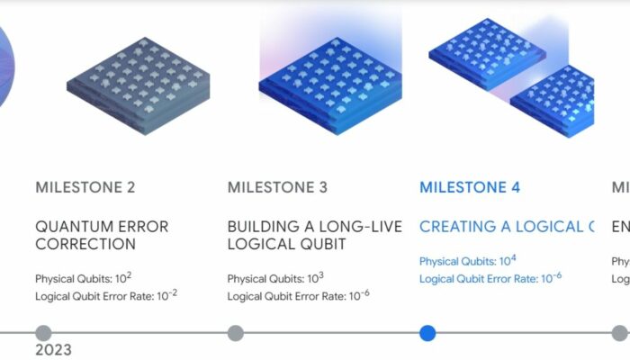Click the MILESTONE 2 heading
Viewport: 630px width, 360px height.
click(85, 188)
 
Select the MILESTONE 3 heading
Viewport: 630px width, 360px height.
click(277, 188)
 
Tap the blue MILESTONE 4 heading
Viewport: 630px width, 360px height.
click(470, 188)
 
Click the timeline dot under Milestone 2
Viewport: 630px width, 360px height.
click(43, 333)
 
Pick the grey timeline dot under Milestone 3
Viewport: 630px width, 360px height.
click(235, 333)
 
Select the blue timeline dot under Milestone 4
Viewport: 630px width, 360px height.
click(427, 333)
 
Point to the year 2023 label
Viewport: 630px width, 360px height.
click(53, 350)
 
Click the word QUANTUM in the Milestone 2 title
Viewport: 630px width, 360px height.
click(71, 227)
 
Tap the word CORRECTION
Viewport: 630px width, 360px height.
click(85, 244)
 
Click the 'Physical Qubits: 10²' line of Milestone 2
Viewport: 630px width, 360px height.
click(84, 278)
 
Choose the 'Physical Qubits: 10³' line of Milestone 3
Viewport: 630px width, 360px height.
click(275, 278)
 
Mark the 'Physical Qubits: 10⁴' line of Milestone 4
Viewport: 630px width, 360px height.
click(468, 261)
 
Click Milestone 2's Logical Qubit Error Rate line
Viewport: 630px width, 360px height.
click(106, 295)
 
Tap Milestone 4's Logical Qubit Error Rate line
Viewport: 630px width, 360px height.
click(490, 278)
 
